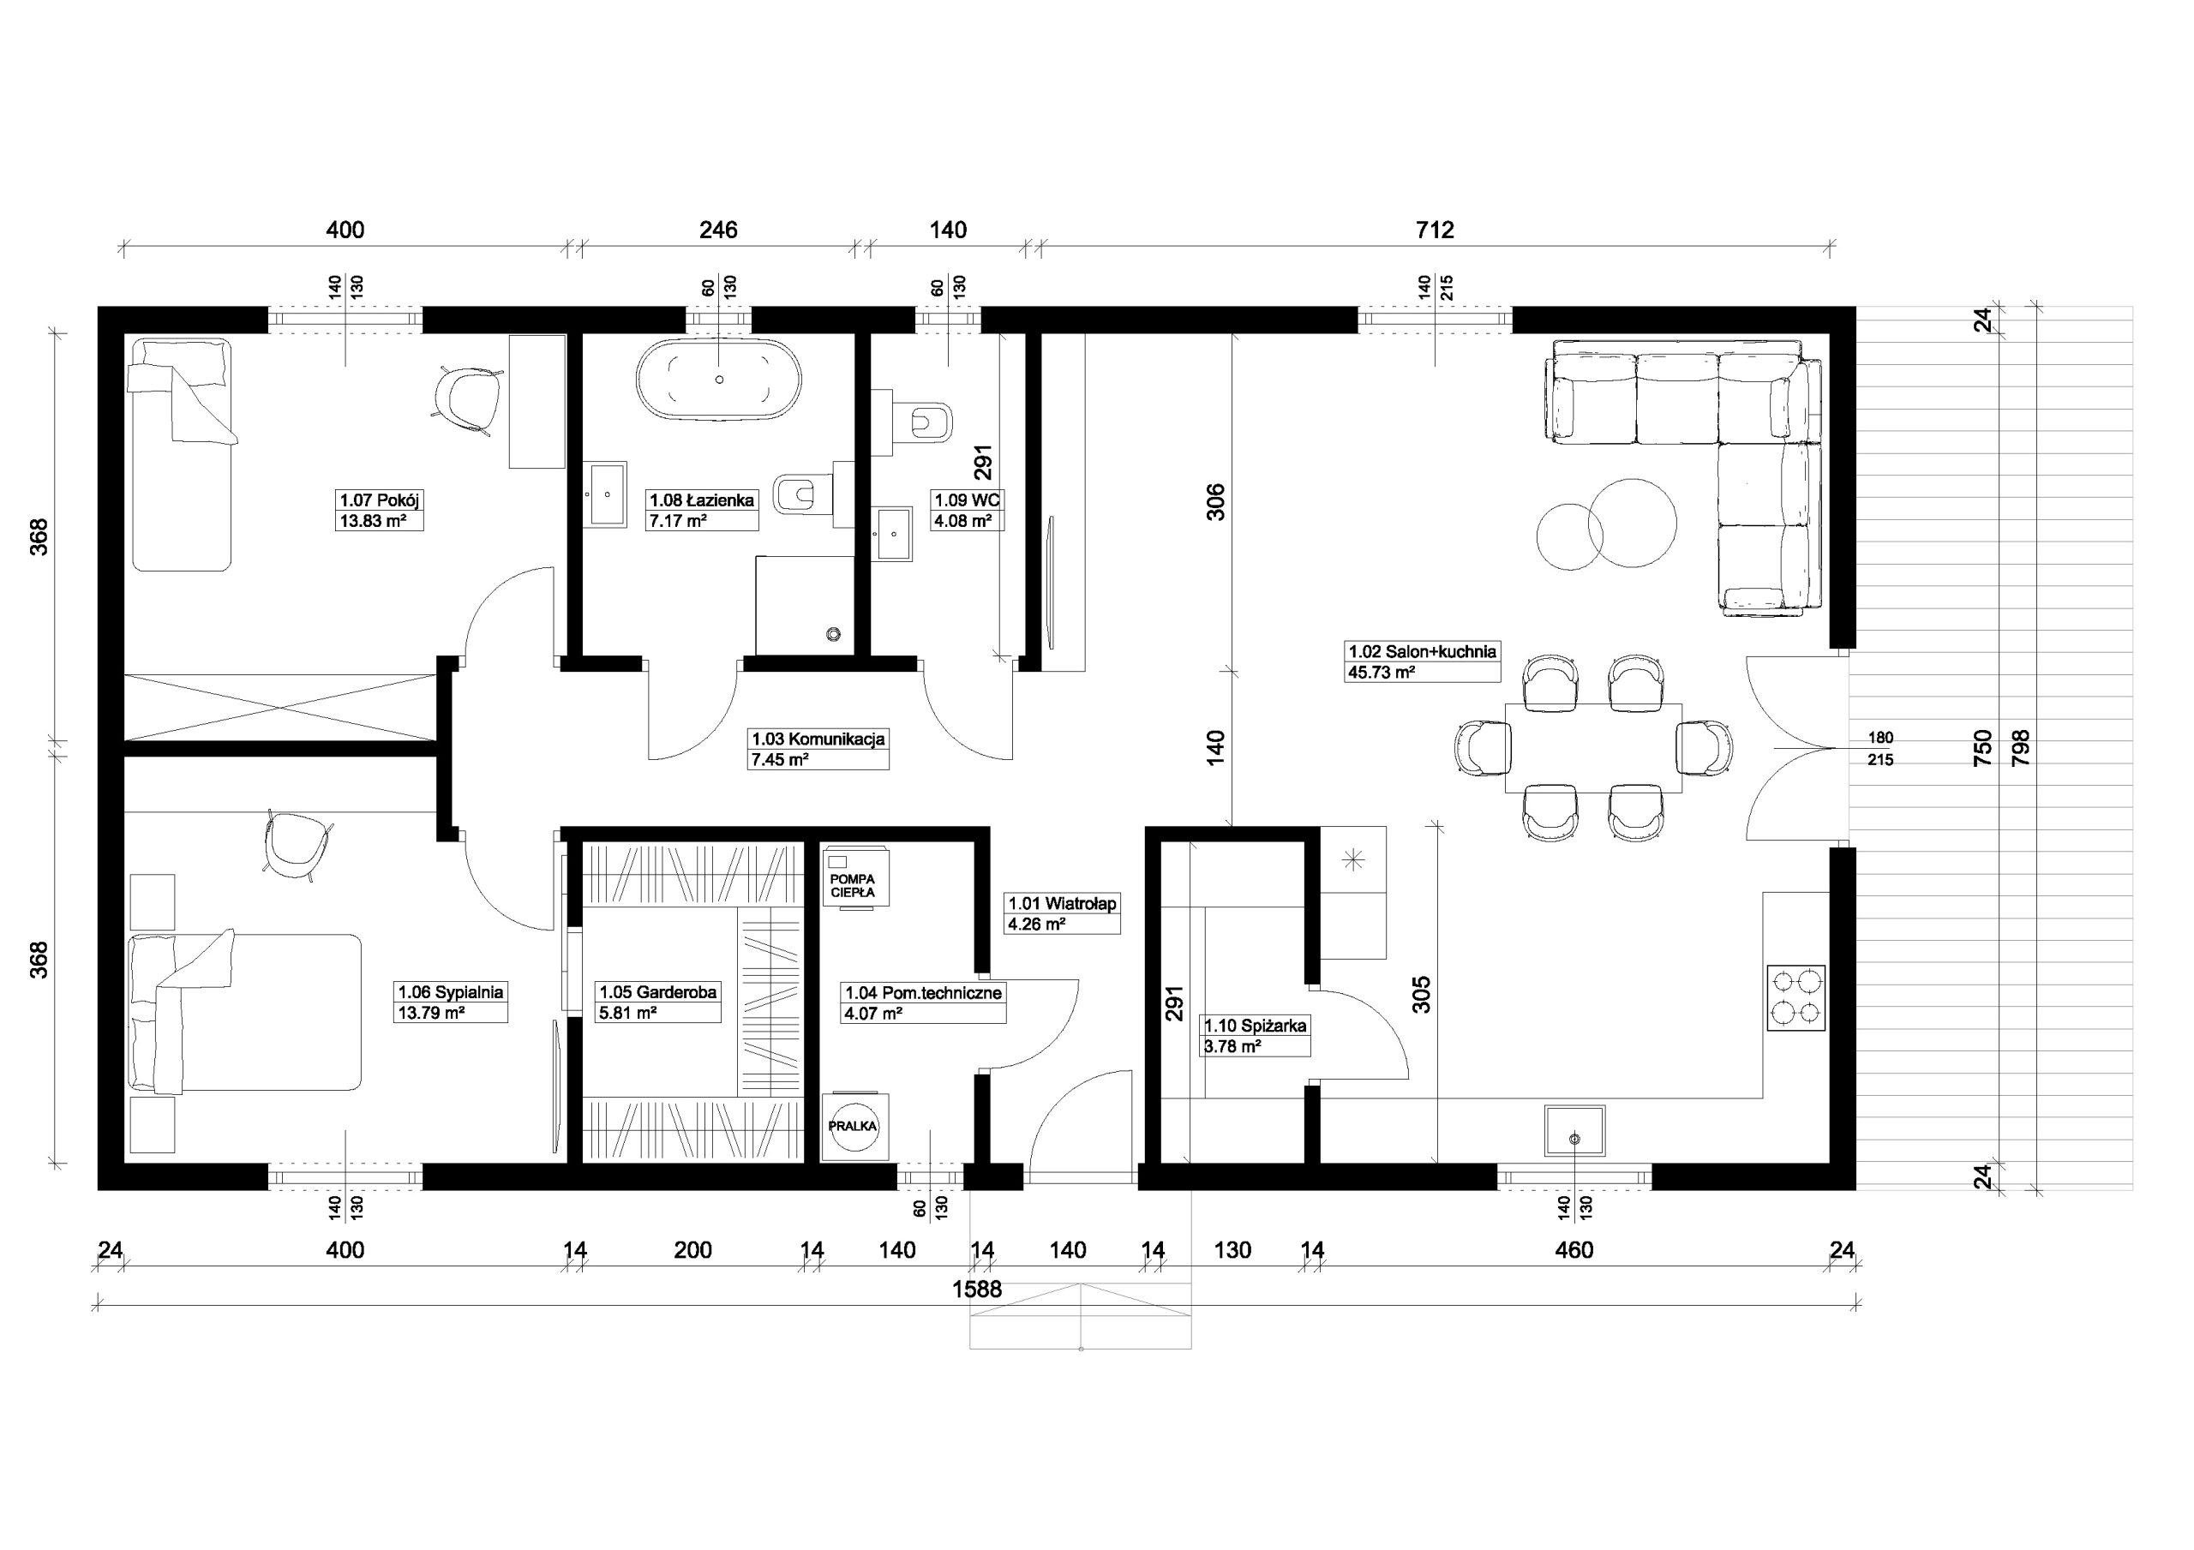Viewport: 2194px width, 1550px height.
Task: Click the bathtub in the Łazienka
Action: coord(718,380)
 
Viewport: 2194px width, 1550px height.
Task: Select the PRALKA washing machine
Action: coord(854,1128)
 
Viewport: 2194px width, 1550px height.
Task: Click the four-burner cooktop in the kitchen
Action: coord(1796,997)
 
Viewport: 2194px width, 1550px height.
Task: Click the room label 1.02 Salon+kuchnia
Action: coord(1422,652)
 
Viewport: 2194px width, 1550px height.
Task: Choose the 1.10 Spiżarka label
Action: coord(1255,1026)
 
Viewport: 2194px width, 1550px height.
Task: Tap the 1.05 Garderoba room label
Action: coord(657,992)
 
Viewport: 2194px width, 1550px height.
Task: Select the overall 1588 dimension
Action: coord(977,1290)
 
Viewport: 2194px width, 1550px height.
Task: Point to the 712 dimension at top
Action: coord(1435,230)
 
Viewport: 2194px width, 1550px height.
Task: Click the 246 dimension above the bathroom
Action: coord(718,230)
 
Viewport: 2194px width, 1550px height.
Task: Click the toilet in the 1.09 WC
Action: coord(923,422)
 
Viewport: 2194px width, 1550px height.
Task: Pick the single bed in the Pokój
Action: coord(181,454)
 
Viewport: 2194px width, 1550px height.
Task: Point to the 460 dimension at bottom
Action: coord(1574,1250)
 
